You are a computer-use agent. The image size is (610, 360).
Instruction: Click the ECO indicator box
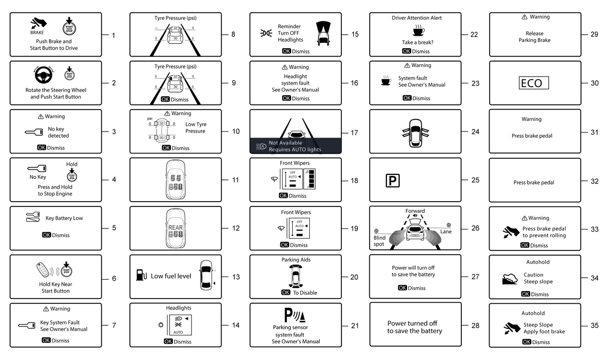coord(531,83)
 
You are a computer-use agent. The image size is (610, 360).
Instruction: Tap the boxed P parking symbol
coord(393,181)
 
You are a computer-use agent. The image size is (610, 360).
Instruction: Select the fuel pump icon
coord(141,276)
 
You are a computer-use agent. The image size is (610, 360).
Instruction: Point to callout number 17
coord(355,132)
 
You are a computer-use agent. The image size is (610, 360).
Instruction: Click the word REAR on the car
coord(176,227)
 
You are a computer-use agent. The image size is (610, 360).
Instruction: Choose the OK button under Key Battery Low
coord(47,235)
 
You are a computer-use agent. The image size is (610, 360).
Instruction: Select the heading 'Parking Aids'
coord(296,260)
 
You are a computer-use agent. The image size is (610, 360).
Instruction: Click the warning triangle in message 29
coord(524,17)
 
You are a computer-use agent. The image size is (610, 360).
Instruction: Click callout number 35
coord(594,325)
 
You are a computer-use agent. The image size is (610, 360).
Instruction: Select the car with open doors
coord(415,132)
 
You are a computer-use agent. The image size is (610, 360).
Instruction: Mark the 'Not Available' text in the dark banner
coord(285,143)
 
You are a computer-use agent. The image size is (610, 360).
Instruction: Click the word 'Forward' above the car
coord(415,211)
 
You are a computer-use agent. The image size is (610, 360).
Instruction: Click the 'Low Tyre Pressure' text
coord(195,128)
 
